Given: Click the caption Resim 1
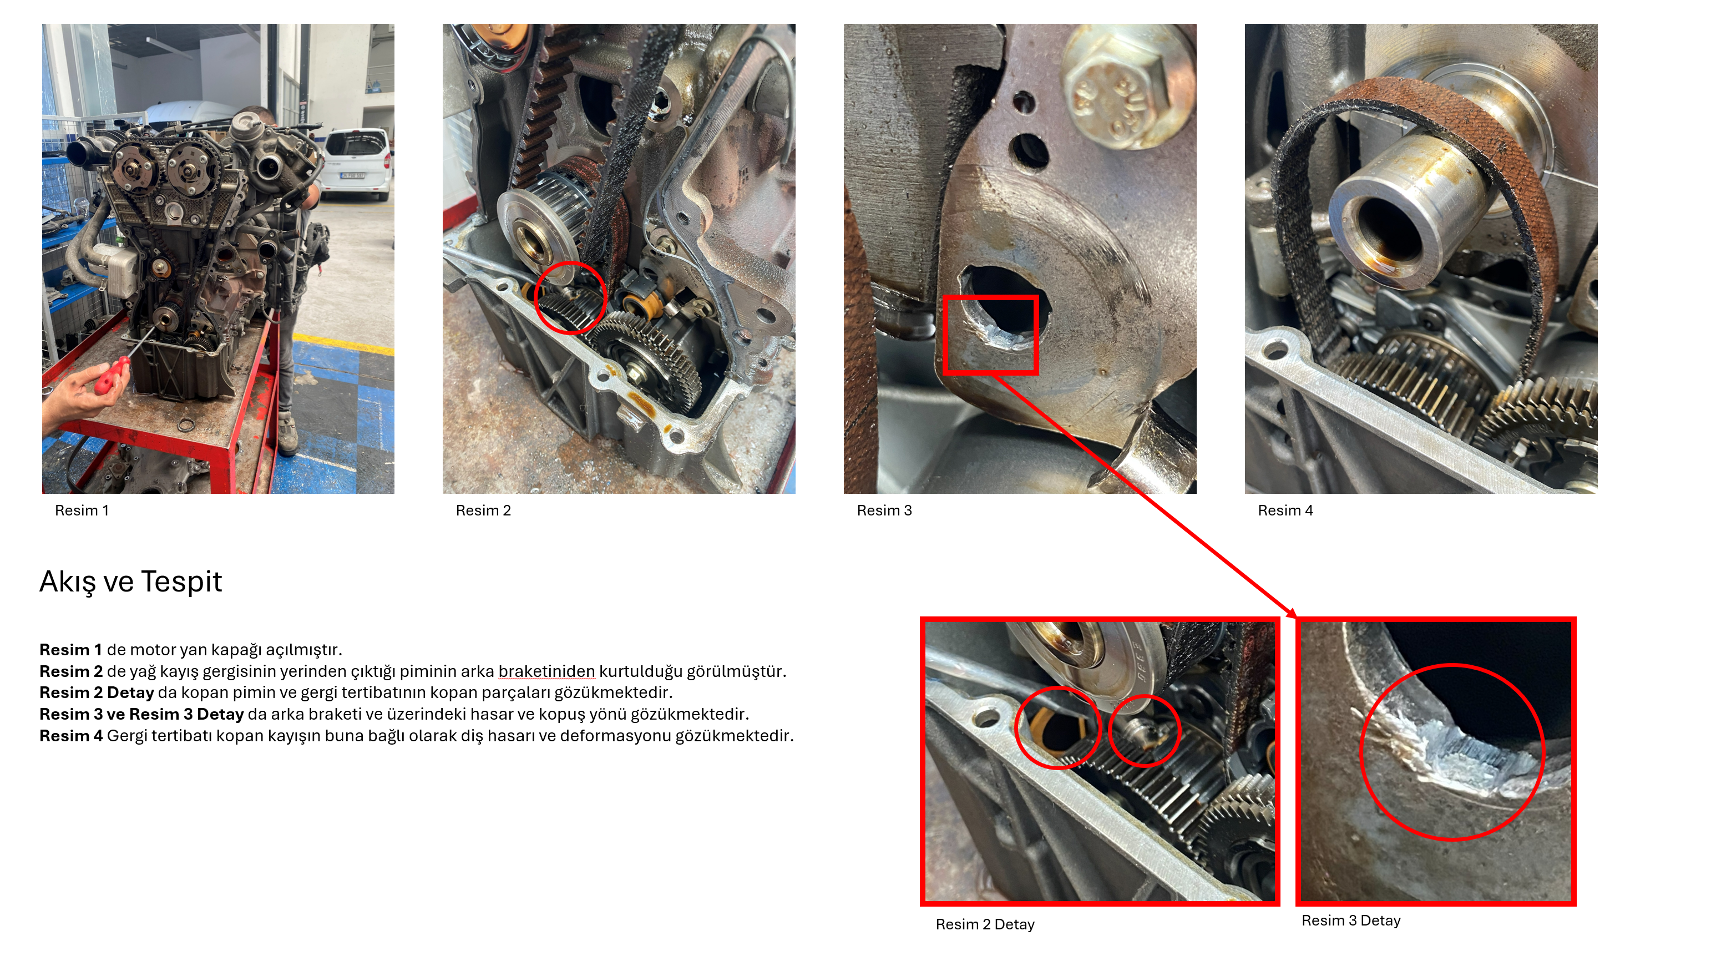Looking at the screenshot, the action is click(82, 510).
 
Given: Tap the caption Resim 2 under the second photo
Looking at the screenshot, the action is click(483, 510).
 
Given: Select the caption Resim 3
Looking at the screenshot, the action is click(884, 510).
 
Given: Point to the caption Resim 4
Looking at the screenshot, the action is click(1285, 510).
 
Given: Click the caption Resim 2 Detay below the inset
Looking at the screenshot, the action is click(985, 924).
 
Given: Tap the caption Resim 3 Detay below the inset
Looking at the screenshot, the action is click(1351, 920).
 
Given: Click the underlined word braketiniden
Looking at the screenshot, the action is click(546, 671).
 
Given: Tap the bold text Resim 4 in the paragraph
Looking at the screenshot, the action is click(71, 735).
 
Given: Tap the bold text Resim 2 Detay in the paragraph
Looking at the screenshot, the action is click(97, 692).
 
